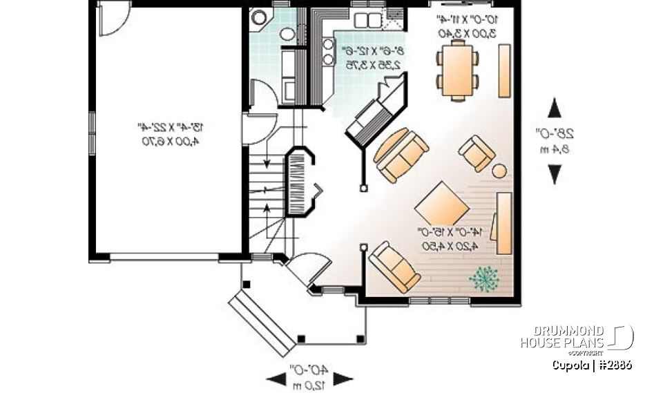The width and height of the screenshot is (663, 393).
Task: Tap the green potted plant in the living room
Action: pyautogui.click(x=483, y=278)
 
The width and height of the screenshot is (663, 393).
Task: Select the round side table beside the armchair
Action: pyautogui.click(x=499, y=171)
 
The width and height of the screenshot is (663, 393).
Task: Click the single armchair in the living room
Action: pyautogui.click(x=477, y=153)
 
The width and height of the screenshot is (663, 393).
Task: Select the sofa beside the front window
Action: pyautogui.click(x=395, y=267)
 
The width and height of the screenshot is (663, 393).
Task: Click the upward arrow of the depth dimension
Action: pyautogui.click(x=555, y=109)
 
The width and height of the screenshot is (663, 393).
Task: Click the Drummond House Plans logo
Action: pyautogui.click(x=577, y=338)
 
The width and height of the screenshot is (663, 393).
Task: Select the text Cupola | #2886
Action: pyautogui.click(x=591, y=365)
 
